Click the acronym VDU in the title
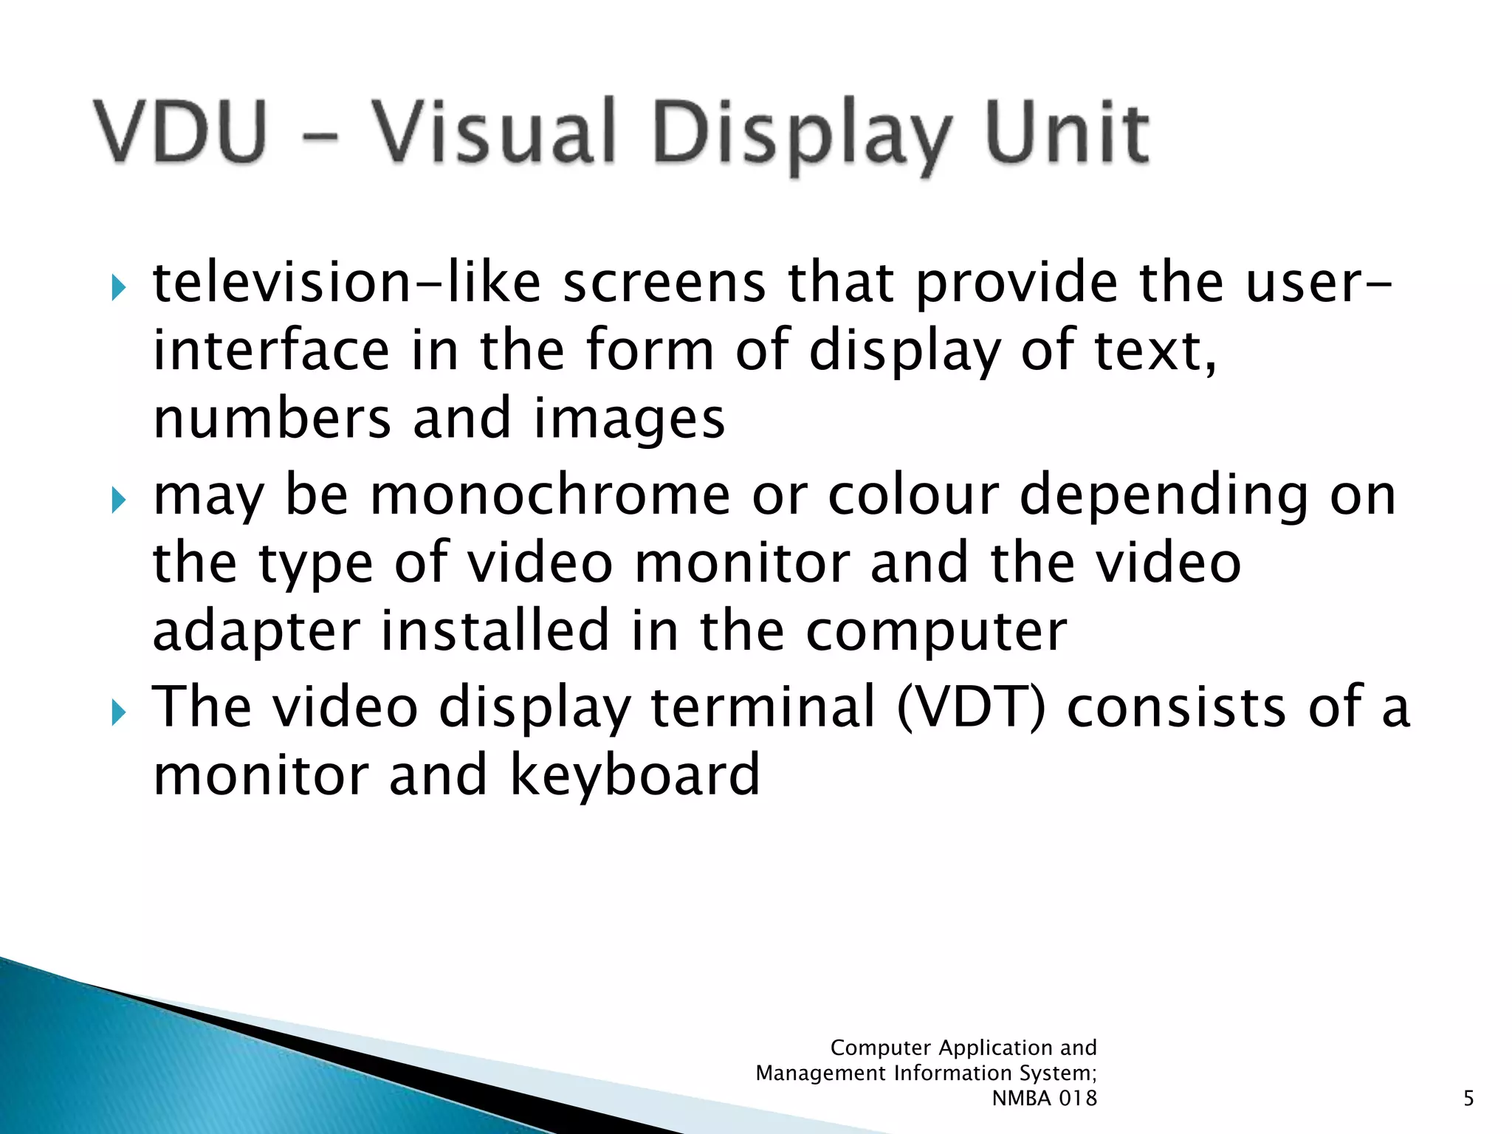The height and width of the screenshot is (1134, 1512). coord(180,131)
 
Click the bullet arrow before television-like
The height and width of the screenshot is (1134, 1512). coord(118,287)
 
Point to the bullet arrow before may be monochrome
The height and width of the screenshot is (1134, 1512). coord(118,500)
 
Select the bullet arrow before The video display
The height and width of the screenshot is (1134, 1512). coord(118,712)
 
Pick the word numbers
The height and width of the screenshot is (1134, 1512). coord(272,419)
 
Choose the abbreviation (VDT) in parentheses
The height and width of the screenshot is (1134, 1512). coord(972,707)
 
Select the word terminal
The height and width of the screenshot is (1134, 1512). coord(763,707)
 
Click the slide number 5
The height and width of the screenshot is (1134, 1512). coord(1468,1099)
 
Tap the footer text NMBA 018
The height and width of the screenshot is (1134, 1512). coord(1044,1099)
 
